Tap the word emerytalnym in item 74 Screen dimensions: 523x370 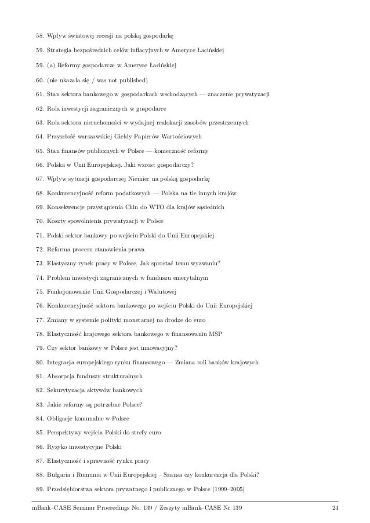(x=190, y=277)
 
